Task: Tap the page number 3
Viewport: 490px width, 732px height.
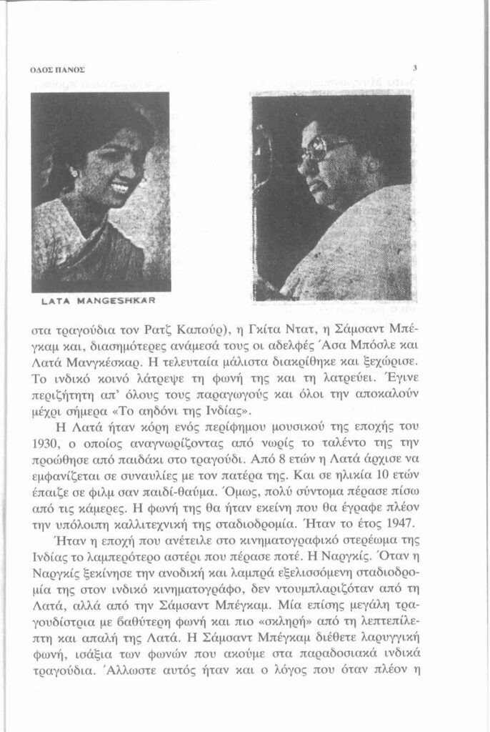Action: [x=414, y=69]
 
